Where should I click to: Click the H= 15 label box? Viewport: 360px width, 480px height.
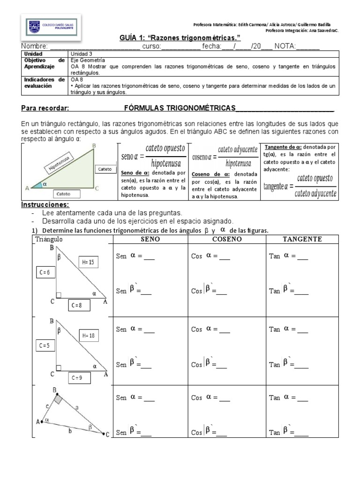pyautogui.click(x=88, y=262)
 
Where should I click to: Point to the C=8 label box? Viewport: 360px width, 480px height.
pyautogui.click(x=77, y=306)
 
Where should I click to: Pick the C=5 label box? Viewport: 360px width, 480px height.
pyautogui.click(x=45, y=346)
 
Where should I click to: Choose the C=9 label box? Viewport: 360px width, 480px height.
pyautogui.click(x=77, y=377)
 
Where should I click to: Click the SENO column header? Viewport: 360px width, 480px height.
pyautogui.click(x=150, y=239)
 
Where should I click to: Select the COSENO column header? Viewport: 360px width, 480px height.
pyautogui.click(x=226, y=239)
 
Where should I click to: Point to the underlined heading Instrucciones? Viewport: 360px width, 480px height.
pyautogui.click(x=45, y=205)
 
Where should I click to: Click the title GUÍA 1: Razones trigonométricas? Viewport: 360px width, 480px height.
pyautogui.click(x=167, y=38)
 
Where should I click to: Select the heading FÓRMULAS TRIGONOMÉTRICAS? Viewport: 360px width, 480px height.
pyautogui.click(x=180, y=108)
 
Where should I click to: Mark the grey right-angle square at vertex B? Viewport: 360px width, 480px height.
pyautogui.click(x=59, y=399)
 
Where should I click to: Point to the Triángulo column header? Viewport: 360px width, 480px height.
pyautogui.click(x=49, y=239)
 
